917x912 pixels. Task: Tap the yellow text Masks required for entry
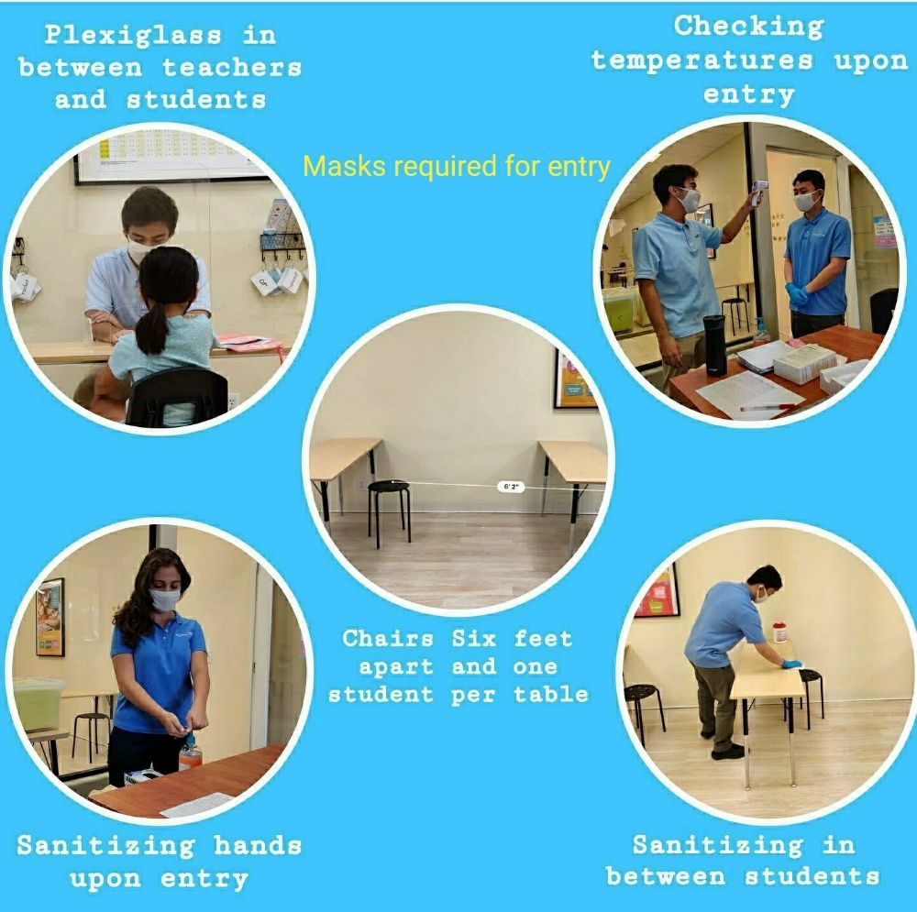point(457,167)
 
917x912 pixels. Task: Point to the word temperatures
point(702,60)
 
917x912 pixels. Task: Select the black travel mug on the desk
point(714,345)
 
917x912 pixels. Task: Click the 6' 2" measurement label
point(511,487)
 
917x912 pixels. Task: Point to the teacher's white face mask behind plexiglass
point(141,249)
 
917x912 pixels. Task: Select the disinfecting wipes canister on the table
point(779,632)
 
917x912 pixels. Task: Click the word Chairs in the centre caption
point(388,638)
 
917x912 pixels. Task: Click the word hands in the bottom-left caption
point(258,845)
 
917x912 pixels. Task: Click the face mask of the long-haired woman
point(164,600)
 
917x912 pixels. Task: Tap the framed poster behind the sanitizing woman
point(50,617)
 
